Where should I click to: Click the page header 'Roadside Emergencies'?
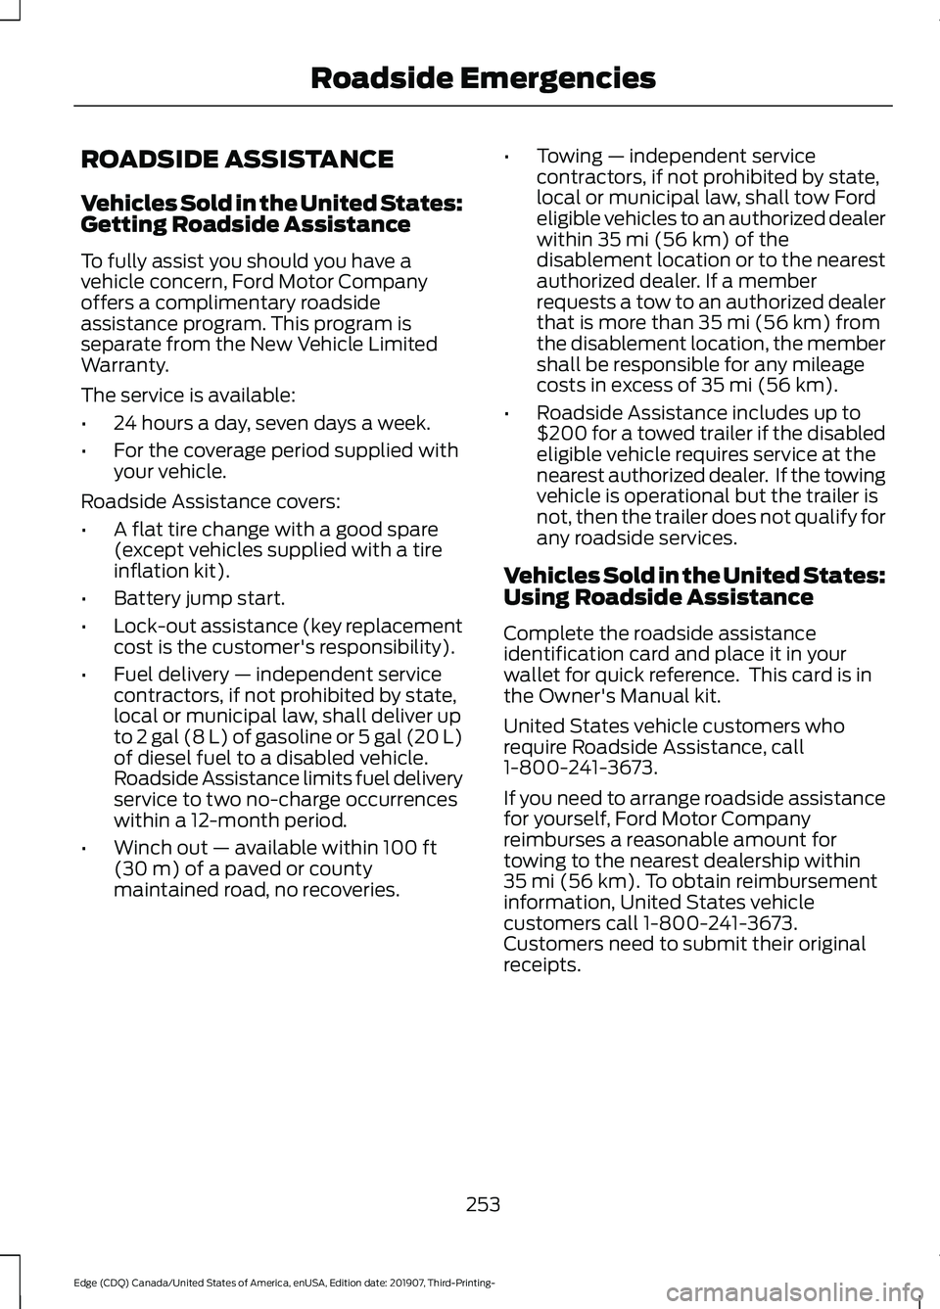click(x=483, y=77)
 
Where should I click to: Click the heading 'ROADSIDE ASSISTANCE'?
click(x=237, y=160)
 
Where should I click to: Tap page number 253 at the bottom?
click(x=483, y=1204)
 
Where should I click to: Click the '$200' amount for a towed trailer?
click(x=560, y=434)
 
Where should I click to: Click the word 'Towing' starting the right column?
click(x=569, y=157)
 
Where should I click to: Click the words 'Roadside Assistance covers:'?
click(x=211, y=501)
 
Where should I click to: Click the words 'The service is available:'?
click(x=187, y=396)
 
